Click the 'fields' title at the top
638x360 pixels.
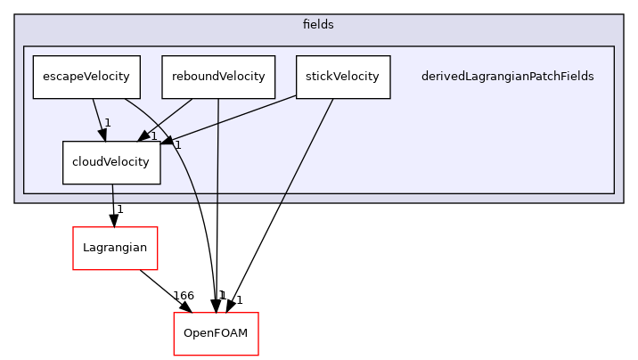coord(318,25)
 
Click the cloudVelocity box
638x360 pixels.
coord(111,162)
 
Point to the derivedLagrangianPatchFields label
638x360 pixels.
coord(507,77)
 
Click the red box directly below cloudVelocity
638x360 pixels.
coord(115,248)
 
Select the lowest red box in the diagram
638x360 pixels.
coord(216,333)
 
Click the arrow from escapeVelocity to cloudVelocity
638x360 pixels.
coord(99,118)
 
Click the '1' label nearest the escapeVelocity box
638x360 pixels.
coord(107,123)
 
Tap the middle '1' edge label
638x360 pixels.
coord(153,136)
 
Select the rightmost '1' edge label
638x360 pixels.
coord(177,143)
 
